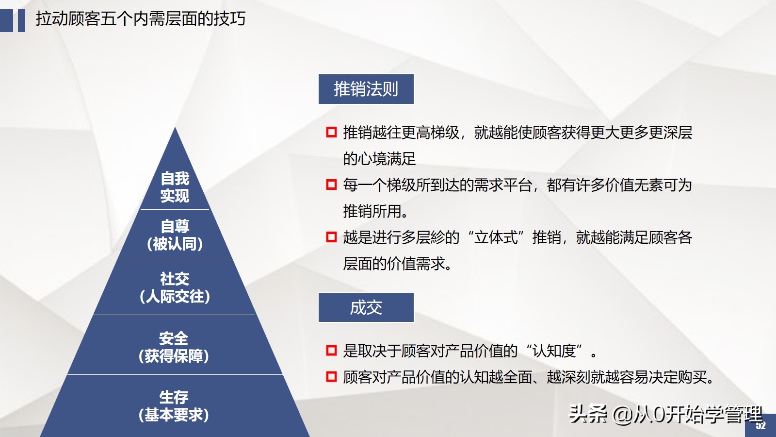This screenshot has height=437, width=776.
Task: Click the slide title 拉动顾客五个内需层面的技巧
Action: pos(141,19)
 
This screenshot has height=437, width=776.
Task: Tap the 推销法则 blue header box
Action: pos(366,89)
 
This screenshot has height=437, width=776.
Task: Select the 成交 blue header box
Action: pos(366,307)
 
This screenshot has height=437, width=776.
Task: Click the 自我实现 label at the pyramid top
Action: pos(175,187)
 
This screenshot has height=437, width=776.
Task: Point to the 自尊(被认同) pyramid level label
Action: pos(175,235)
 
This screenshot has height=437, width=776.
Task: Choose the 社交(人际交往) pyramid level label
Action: pos(175,287)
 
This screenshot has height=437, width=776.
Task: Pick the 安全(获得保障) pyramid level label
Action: pos(174,347)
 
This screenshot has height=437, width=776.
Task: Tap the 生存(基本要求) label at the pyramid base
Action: pos(174,406)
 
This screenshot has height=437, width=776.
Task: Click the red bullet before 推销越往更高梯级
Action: pos(331,132)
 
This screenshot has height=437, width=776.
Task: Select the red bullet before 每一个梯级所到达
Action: pos(331,185)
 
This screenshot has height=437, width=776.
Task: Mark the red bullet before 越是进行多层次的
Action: pos(331,237)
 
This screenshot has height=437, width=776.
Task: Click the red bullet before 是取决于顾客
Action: pos(331,350)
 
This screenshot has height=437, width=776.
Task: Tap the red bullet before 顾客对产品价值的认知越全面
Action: pos(331,376)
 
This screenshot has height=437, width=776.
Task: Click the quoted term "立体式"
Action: pos(496,237)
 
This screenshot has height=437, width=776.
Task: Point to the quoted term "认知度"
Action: pos(554,350)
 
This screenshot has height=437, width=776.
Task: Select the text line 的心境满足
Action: pos(379,159)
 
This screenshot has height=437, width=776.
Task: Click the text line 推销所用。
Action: pos(376,211)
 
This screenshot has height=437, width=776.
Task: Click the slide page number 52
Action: pos(760,426)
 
